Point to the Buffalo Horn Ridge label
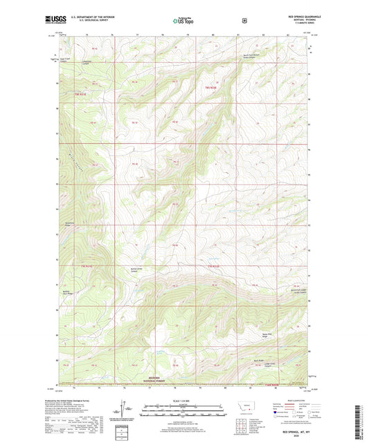67,292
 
